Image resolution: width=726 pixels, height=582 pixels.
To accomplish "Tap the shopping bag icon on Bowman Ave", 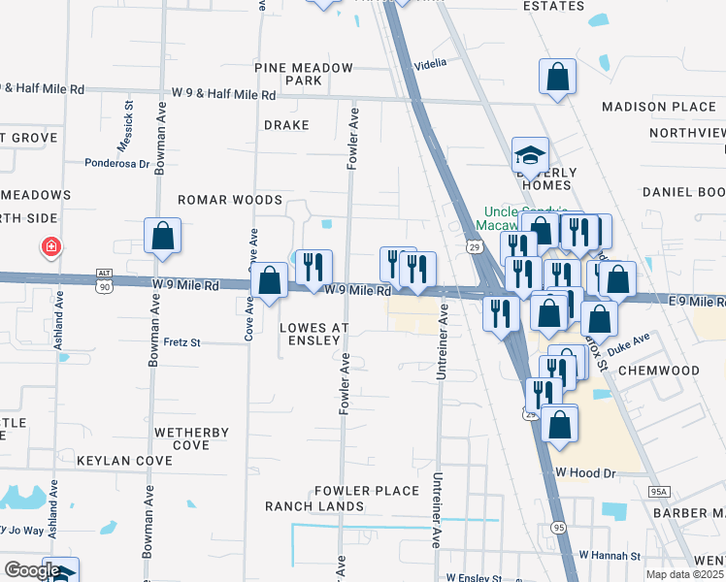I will pos(162,236).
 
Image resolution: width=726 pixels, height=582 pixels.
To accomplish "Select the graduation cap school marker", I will pos(530,154).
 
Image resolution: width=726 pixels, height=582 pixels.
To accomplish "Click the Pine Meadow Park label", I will pos(303,74).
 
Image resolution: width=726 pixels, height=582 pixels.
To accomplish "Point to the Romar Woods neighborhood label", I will pos(229,200).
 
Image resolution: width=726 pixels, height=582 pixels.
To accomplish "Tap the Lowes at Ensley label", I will pos(313,335).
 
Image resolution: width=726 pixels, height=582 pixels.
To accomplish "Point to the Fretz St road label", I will pos(181,342).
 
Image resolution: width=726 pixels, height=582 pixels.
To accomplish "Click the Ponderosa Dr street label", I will pos(117,164).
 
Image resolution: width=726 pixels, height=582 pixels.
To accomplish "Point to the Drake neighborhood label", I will pos(286,125).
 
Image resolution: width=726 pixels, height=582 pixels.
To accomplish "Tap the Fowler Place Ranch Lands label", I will pos(344,499).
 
